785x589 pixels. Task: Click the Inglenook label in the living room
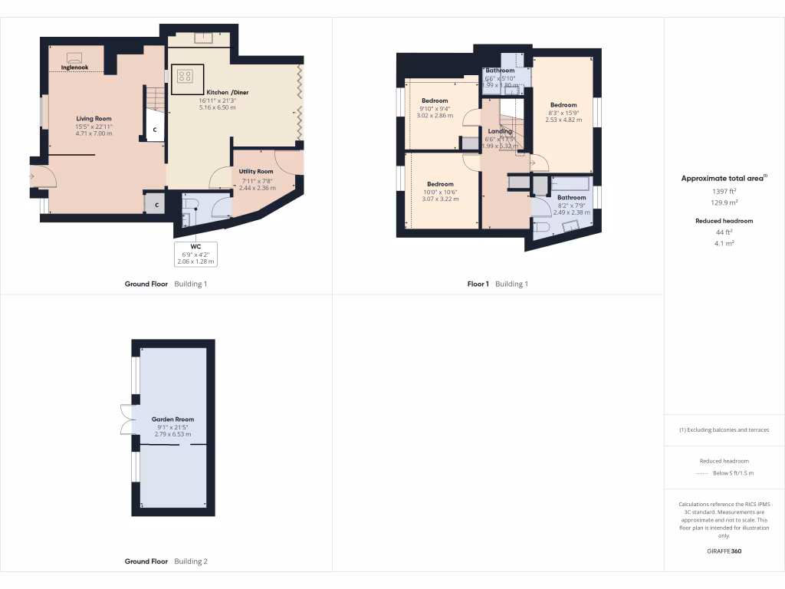pos(74,67)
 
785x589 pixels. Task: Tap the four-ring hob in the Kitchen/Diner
pos(185,75)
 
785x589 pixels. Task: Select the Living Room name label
pos(94,119)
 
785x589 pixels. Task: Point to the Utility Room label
pos(255,172)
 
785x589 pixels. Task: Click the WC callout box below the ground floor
pos(196,254)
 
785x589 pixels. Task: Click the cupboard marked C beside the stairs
pos(155,130)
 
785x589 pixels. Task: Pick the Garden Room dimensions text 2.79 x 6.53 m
pos(172,435)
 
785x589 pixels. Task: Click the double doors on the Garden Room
pos(125,420)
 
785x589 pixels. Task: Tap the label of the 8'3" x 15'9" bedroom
pos(563,105)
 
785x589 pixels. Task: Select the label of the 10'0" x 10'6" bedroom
pos(440,184)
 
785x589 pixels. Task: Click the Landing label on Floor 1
pos(500,131)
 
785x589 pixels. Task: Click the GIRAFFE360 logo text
pos(724,551)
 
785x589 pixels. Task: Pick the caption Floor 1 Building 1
pos(498,284)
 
